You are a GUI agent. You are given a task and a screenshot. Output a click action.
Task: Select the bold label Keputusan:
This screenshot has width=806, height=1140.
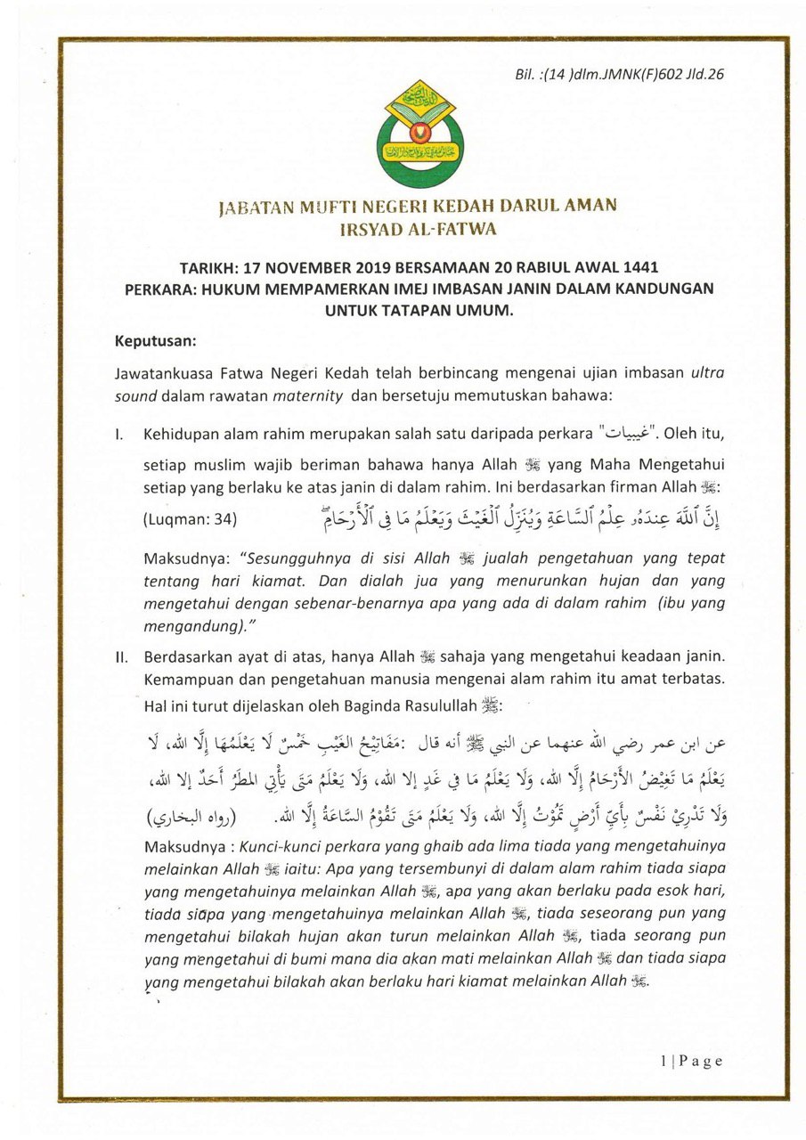pos(155,340)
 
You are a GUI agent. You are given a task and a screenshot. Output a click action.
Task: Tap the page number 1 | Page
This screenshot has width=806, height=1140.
pos(692,1061)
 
